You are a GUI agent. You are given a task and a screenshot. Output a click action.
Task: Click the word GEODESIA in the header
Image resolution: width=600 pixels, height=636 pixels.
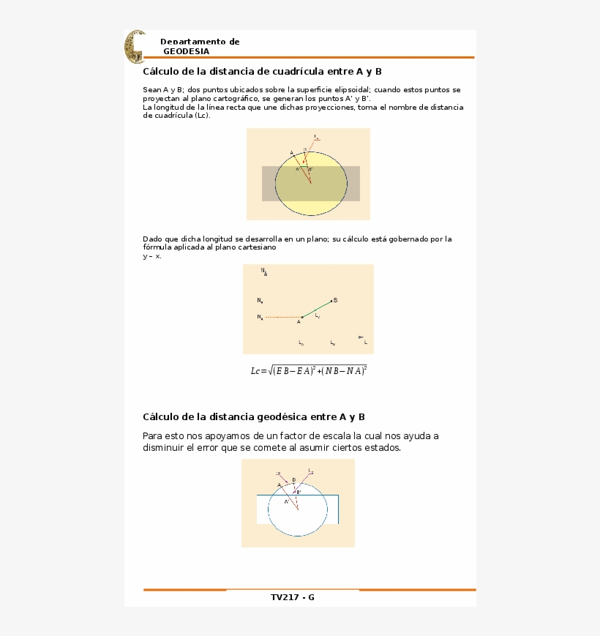(186, 51)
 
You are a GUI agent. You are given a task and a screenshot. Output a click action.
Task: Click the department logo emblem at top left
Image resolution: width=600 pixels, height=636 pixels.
(135, 47)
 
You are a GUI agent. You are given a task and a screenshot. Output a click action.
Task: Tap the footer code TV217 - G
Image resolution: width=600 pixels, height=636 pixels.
(293, 597)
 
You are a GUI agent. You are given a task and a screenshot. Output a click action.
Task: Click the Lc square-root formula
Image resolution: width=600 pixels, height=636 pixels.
(309, 370)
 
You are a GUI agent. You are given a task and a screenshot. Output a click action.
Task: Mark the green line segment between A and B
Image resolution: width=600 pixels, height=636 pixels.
(316, 309)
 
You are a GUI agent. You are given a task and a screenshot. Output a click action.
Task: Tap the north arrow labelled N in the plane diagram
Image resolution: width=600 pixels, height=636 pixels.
(264, 272)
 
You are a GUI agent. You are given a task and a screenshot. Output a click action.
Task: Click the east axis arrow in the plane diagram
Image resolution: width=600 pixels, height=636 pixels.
(361, 337)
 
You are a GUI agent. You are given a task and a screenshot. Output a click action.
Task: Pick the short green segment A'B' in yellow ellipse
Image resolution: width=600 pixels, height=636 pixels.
(304, 167)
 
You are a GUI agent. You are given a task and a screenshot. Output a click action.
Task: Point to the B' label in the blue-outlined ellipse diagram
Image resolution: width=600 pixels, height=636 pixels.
(299, 493)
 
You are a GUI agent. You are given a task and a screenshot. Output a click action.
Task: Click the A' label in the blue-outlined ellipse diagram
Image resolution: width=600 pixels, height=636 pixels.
(287, 501)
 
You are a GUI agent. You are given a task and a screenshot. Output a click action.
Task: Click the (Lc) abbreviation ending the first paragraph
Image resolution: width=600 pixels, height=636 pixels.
(202, 115)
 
